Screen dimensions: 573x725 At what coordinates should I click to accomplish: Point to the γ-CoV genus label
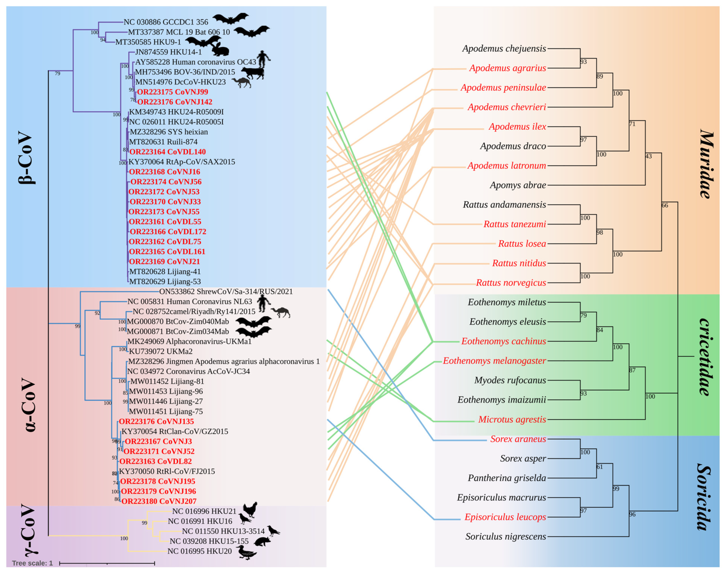(x=26, y=529)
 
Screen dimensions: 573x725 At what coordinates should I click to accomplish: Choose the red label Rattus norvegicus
(x=511, y=283)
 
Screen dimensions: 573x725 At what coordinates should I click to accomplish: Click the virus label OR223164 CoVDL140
(x=167, y=152)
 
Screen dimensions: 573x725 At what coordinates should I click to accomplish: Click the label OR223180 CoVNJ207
(x=159, y=501)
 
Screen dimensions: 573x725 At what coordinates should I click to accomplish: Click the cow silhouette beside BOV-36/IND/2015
(x=253, y=73)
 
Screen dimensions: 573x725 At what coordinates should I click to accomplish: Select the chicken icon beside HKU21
(x=250, y=509)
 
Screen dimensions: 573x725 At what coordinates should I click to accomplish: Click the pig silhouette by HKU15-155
(x=262, y=541)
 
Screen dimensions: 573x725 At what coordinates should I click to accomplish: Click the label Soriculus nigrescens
(x=505, y=537)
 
